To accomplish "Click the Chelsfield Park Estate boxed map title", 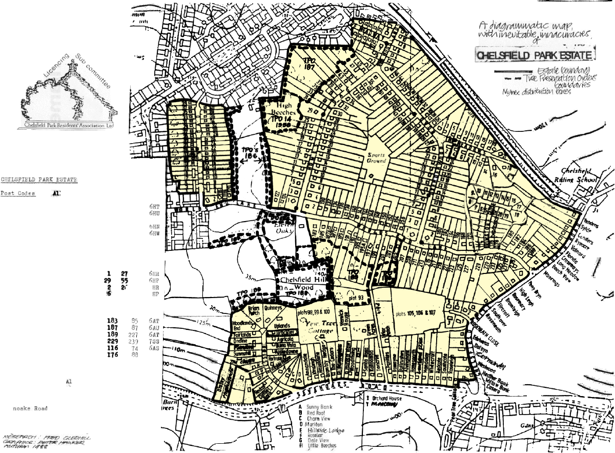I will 536,55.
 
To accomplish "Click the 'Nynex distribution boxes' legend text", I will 545,91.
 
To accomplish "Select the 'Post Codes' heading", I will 18,193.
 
